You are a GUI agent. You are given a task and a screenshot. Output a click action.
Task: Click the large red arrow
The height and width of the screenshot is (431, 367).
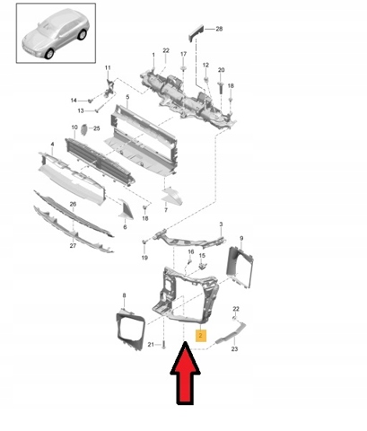(x=186, y=374)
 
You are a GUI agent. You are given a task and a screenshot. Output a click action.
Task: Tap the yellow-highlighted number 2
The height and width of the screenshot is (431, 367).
(x=200, y=336)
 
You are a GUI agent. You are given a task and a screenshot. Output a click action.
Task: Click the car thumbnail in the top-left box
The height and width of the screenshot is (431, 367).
(x=56, y=33)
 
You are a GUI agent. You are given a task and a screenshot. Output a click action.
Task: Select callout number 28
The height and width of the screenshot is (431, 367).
(x=219, y=29)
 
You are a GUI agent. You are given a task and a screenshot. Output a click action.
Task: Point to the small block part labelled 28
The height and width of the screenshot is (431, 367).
(x=196, y=32)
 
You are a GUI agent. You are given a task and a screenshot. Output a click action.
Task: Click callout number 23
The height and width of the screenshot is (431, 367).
(x=234, y=349)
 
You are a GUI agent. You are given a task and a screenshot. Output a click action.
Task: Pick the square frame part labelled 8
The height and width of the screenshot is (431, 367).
(x=130, y=330)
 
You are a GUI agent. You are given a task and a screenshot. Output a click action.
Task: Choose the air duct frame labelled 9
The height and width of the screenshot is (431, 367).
(x=240, y=267)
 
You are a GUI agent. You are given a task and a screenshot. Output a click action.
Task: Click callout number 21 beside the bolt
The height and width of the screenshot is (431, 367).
(x=151, y=345)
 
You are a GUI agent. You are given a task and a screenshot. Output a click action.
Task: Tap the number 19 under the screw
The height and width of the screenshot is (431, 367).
(x=144, y=258)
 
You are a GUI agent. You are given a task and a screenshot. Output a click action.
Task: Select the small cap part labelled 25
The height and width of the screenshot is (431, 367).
(x=83, y=129)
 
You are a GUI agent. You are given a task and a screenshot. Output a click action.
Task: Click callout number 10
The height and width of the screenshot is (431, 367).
(x=74, y=128)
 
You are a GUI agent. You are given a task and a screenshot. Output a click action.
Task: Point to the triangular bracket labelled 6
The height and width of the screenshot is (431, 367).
(x=126, y=209)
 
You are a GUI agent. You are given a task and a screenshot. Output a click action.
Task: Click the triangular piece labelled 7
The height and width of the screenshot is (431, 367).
(x=172, y=197)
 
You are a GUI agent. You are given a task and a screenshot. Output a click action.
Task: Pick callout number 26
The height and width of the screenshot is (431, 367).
(x=73, y=204)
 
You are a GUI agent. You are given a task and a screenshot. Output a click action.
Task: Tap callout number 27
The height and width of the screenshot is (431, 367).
(x=73, y=246)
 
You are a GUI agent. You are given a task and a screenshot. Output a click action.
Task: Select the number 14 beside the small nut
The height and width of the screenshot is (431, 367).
(x=74, y=101)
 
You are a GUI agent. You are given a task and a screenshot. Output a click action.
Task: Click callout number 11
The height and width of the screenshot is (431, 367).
(x=108, y=67)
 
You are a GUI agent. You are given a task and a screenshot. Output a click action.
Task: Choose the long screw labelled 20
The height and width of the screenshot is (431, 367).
(x=221, y=88)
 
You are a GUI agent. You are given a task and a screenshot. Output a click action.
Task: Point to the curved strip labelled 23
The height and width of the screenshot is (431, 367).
(x=231, y=333)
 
